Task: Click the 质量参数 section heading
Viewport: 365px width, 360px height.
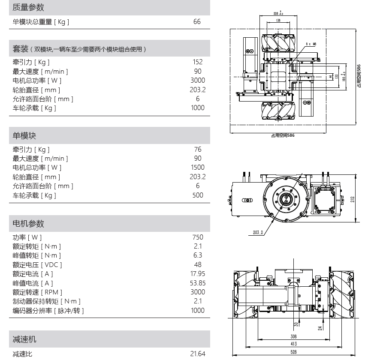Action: (x=28, y=7)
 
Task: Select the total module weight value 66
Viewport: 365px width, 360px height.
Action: (x=197, y=22)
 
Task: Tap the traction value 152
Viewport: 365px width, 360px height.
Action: (x=197, y=62)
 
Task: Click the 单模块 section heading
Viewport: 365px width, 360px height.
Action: (x=24, y=135)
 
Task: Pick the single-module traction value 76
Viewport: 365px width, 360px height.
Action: (x=197, y=150)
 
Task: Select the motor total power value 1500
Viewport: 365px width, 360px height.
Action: (x=197, y=168)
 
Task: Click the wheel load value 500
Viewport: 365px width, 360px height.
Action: (x=197, y=195)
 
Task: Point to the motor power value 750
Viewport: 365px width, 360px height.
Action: (x=197, y=237)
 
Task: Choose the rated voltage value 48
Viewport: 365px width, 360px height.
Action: (x=197, y=265)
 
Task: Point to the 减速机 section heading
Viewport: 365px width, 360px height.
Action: (x=24, y=340)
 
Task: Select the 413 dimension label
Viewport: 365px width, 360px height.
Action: (x=293, y=344)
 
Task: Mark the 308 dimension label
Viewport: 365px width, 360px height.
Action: (x=293, y=337)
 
